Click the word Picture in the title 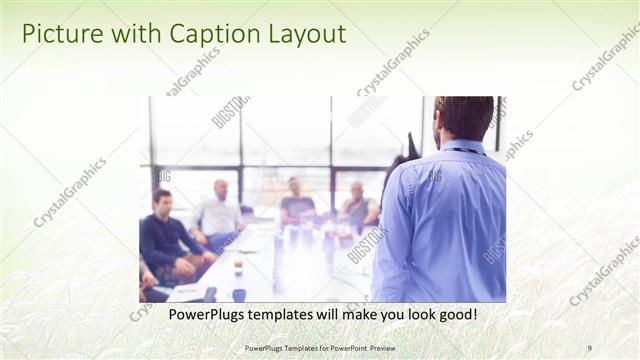point(60,34)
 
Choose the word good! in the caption point(454,315)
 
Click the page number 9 point(589,348)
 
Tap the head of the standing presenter point(464,117)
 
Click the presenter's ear point(439,125)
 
